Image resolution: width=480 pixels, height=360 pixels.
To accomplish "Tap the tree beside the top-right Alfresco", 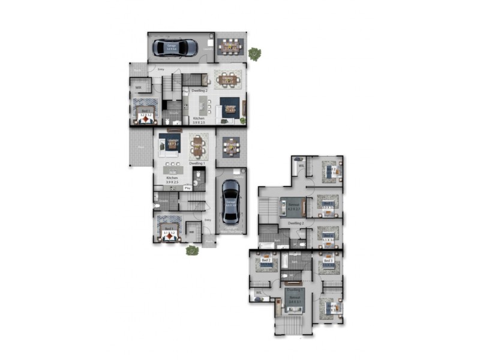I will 255,53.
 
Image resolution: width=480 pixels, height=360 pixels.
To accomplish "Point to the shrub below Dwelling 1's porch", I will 192,250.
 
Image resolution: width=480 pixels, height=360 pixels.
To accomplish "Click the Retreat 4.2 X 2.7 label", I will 293,207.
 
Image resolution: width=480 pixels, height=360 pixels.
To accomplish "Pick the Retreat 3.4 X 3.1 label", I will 294,299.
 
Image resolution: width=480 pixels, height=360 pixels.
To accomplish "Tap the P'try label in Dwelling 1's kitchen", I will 187,188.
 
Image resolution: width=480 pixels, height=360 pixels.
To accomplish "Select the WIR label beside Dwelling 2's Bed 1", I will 139,88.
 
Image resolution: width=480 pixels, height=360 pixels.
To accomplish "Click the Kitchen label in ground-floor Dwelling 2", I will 199,119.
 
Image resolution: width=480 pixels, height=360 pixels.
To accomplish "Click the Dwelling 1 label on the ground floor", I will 197,163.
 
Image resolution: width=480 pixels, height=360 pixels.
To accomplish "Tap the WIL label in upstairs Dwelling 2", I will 301,166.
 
